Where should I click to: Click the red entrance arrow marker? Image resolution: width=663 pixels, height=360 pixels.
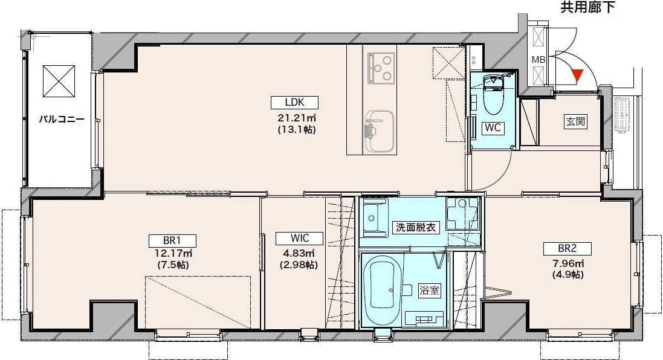click(x=577, y=76)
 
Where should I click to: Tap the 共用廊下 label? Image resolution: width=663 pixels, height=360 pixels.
click(x=588, y=8)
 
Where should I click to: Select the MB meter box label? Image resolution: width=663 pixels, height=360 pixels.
click(x=537, y=60)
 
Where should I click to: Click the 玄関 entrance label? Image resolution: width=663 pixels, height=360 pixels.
click(x=575, y=121)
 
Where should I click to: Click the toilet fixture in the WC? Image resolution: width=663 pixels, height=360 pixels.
click(x=494, y=97)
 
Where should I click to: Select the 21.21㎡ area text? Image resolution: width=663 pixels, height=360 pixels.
click(x=297, y=117)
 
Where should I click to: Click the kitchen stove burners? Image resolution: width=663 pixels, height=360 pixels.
click(x=381, y=63)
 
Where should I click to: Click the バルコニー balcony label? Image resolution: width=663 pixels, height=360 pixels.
click(x=62, y=119)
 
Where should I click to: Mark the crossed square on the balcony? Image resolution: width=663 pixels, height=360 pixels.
click(x=59, y=79)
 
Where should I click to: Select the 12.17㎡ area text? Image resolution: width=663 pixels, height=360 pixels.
click(x=173, y=254)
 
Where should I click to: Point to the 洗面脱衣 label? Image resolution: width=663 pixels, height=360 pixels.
click(x=415, y=228)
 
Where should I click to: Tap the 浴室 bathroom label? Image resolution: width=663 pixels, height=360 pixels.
click(x=429, y=290)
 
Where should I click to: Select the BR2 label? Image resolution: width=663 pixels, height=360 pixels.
click(x=566, y=248)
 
